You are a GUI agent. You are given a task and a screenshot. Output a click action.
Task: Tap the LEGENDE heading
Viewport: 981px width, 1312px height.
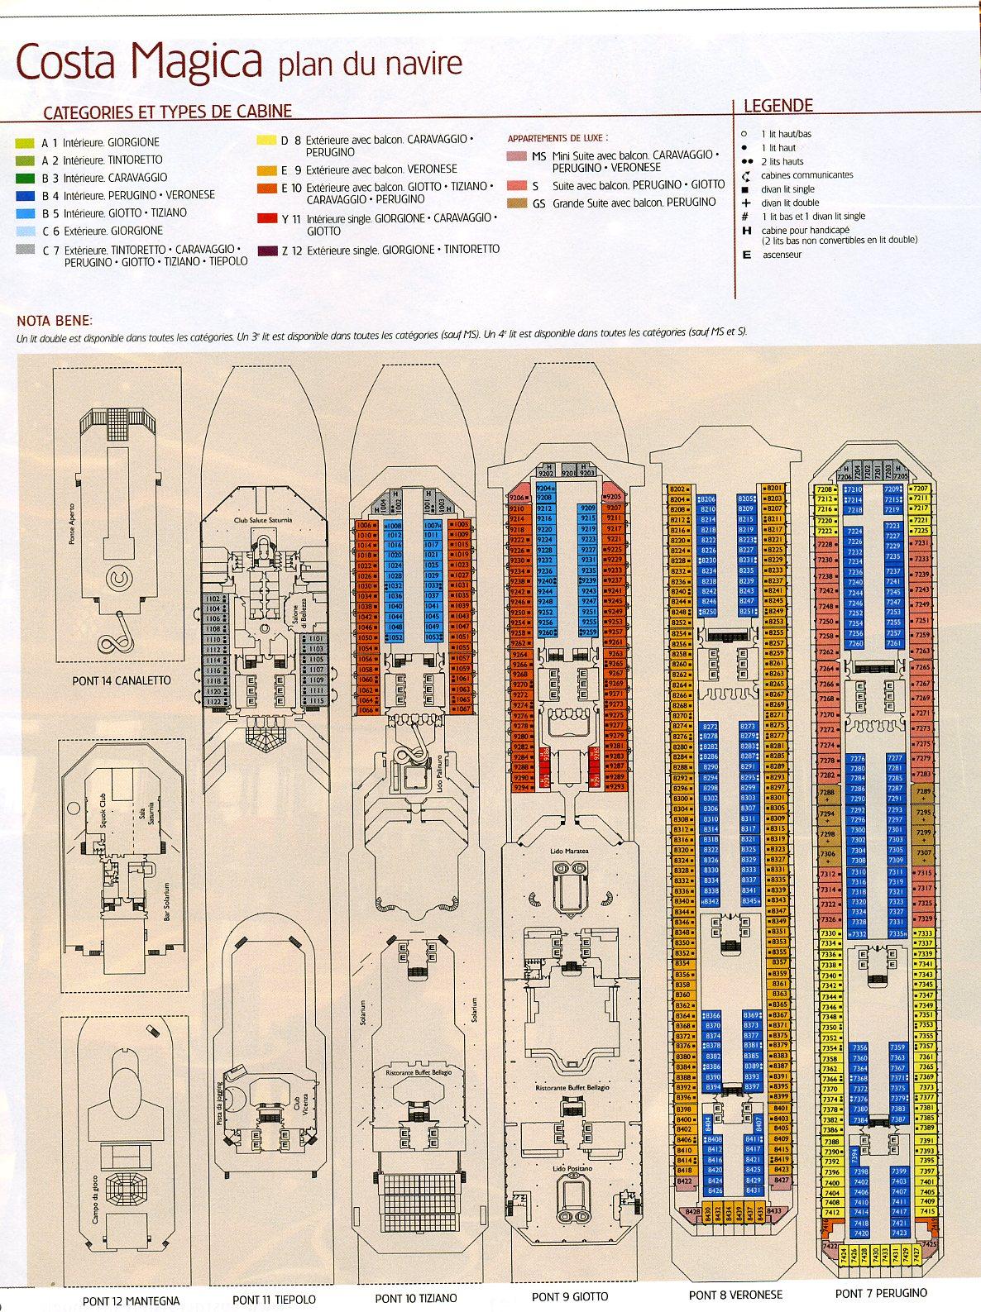778,105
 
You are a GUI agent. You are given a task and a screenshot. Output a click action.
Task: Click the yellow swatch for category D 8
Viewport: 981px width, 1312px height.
266,141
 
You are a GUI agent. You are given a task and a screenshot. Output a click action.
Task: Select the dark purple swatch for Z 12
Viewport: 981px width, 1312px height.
266,250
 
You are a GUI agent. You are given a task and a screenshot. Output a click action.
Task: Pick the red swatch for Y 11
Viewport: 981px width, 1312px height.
266,218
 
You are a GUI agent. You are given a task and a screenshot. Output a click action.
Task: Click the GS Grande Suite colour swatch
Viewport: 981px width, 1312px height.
516,203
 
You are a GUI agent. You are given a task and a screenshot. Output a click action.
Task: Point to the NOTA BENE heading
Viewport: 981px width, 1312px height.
55,321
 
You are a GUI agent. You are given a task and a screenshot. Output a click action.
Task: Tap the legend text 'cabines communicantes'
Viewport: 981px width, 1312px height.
806,175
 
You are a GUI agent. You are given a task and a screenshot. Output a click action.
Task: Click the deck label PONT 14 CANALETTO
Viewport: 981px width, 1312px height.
121,680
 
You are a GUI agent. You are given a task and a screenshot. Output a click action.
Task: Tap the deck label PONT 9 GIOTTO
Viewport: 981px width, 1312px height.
569,1296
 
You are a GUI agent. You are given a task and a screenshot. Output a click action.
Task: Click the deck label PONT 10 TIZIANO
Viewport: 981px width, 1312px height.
415,1298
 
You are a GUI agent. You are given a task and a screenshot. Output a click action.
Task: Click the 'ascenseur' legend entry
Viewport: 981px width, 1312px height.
782,255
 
